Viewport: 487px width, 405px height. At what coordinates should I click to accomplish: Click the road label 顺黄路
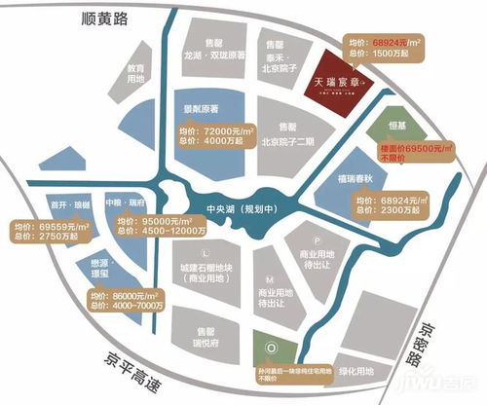pyautogui.click(x=108, y=20)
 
